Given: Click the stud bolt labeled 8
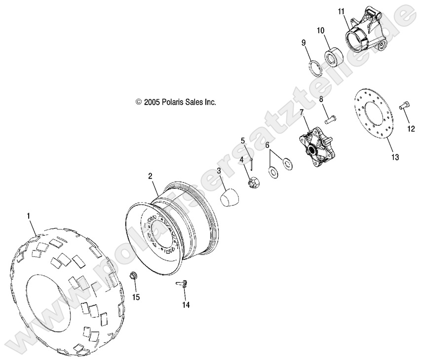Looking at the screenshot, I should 332,118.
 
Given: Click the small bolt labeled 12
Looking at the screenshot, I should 403,104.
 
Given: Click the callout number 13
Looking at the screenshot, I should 395,157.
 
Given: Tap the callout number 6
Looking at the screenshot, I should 268,145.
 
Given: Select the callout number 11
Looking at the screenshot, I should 341,11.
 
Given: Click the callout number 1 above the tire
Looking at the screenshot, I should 29,216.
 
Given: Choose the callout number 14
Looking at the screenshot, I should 185,305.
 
